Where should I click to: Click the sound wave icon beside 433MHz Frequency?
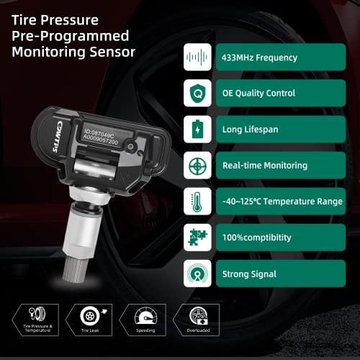(195, 57)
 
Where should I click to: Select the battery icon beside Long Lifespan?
(195, 130)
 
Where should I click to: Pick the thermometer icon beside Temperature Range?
(195, 202)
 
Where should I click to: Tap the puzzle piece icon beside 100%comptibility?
(195, 238)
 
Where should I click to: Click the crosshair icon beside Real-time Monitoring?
(195, 166)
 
